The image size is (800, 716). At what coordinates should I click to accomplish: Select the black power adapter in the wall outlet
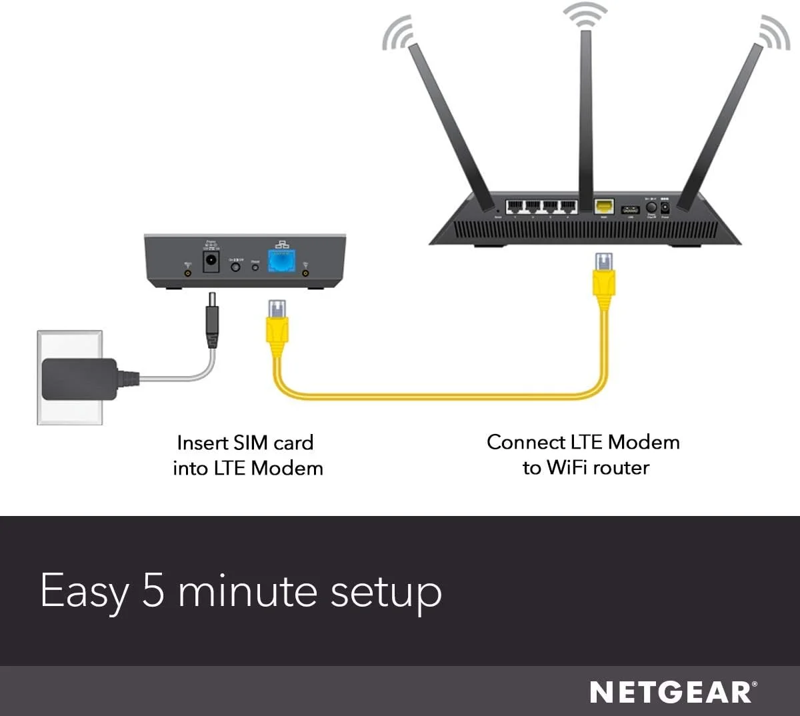point(79,379)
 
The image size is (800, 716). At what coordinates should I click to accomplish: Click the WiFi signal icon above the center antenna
point(585,15)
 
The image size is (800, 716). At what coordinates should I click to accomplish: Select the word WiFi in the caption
point(567,467)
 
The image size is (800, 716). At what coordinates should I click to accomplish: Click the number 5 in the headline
point(153,591)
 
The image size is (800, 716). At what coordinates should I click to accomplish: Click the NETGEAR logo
point(673,692)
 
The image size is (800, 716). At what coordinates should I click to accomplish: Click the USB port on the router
point(630,209)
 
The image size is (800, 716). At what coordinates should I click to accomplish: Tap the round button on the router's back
point(651,207)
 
